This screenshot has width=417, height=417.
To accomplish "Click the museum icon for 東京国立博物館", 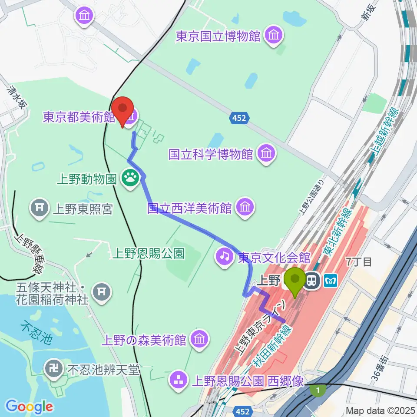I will click(273, 36).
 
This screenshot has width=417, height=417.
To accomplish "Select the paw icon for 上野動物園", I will click(130, 178).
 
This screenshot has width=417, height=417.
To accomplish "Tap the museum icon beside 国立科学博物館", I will click(266, 153).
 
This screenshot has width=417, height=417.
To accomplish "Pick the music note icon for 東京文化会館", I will click(224, 257).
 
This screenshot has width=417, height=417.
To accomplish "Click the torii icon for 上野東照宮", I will click(40, 209).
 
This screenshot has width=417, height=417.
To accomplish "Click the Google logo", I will click(29, 407).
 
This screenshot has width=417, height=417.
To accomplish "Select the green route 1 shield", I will click(318, 391).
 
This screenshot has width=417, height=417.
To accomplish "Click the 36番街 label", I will click(381, 367).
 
